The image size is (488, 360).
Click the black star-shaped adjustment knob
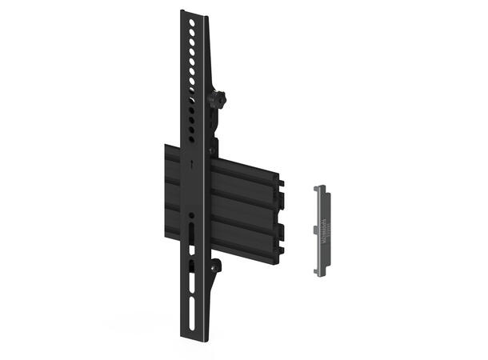[218, 100]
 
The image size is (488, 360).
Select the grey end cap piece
[322, 230]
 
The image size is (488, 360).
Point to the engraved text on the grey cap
[324, 228]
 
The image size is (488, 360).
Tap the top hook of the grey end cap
[320, 190]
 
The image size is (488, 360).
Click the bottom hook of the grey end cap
[321, 271]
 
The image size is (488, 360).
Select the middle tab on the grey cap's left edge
[315, 230]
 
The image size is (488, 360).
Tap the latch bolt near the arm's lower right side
[216, 267]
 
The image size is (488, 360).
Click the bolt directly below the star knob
[214, 148]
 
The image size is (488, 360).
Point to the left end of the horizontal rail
[167, 192]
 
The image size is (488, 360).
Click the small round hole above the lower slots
[191, 215]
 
